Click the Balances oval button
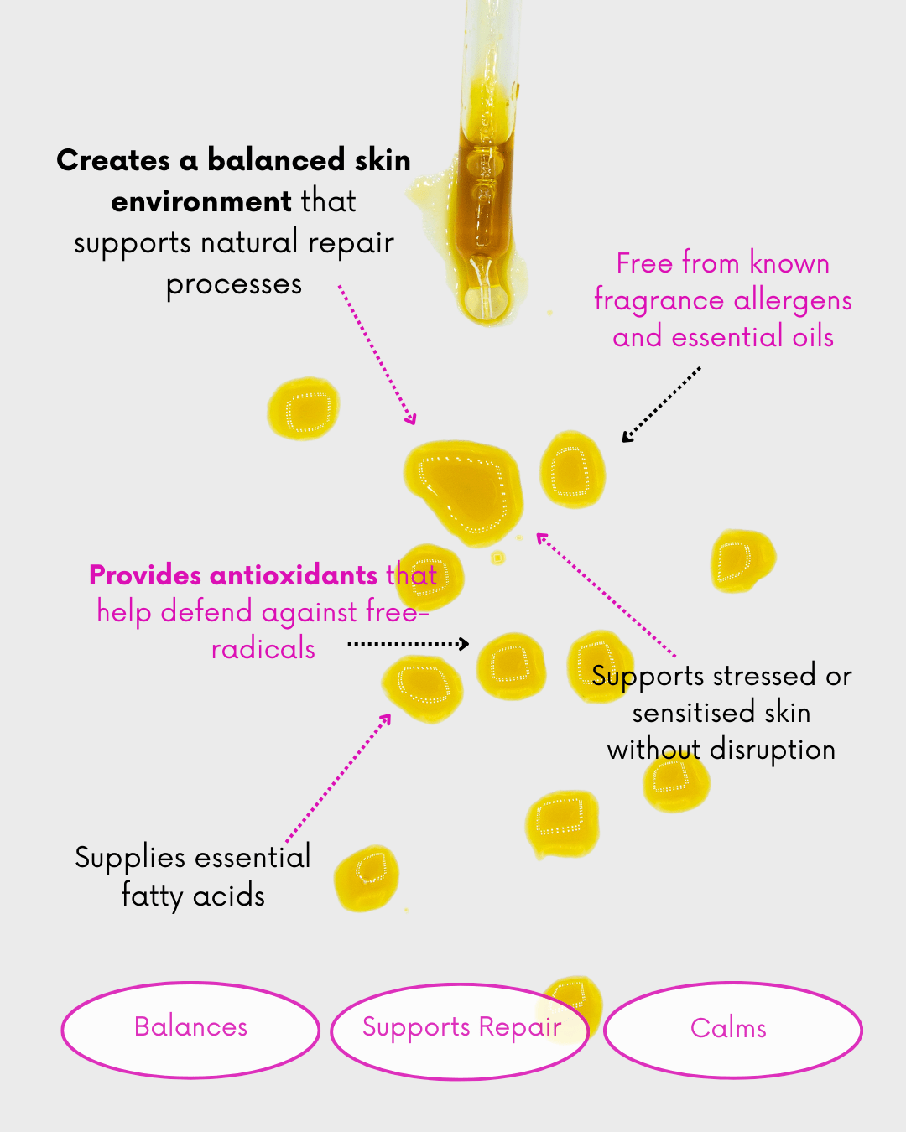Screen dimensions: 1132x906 pyautogui.click(x=190, y=1029)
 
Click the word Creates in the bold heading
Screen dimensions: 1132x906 pyautogui.click(x=113, y=160)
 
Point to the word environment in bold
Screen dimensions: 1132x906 pyautogui.click(x=200, y=202)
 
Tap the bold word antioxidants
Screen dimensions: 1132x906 pyautogui.click(x=294, y=575)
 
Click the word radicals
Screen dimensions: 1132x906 pyautogui.click(x=263, y=649)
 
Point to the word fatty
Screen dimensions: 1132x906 pyautogui.click(x=152, y=896)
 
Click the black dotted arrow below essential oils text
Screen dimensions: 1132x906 pyautogui.click(x=661, y=404)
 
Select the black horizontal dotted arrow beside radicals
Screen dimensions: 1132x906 pyautogui.click(x=408, y=644)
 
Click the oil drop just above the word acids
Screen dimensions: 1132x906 pyautogui.click(x=367, y=877)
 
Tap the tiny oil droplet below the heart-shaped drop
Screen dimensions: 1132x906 pyautogui.click(x=497, y=558)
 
